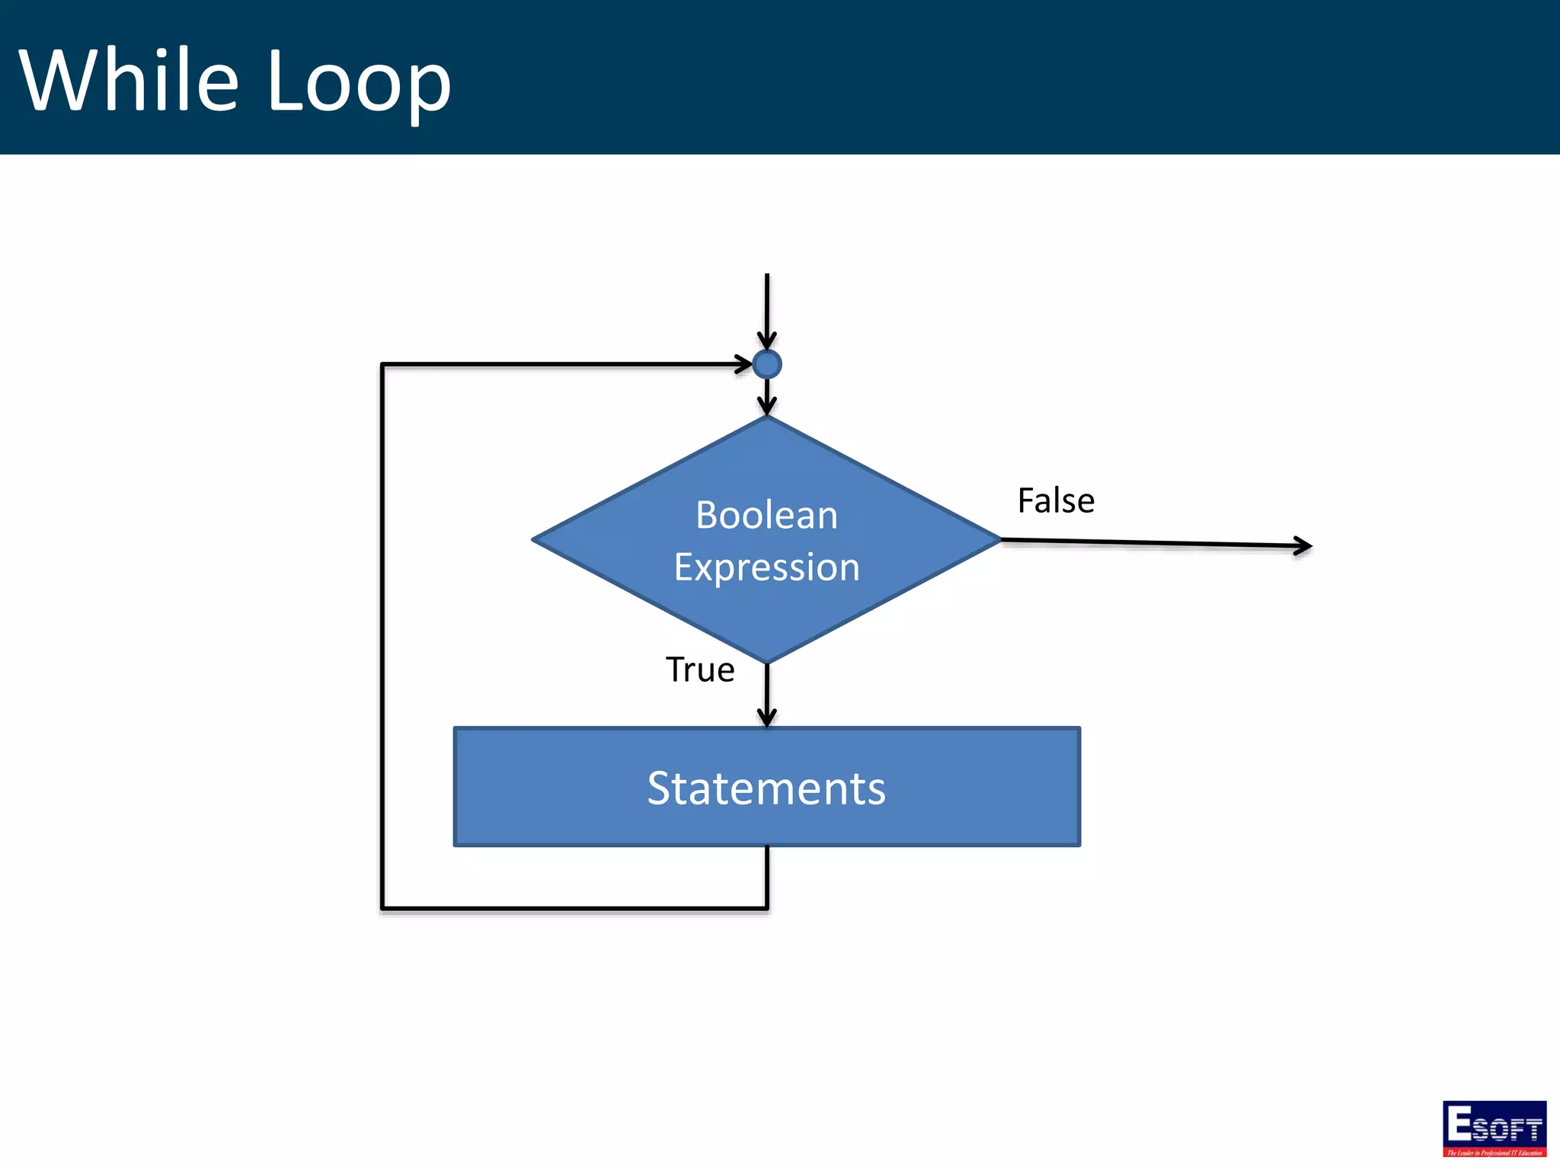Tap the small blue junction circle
coord(766,364)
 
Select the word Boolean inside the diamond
coord(766,516)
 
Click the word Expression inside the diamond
coord(766,567)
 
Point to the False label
coord(1056,501)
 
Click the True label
coord(699,670)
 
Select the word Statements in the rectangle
coord(766,788)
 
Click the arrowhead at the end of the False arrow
coord(1305,545)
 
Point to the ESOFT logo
coord(1494,1128)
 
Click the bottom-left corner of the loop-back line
coord(382,908)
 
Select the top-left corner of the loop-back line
coord(382,365)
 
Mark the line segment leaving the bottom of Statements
coord(766,876)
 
